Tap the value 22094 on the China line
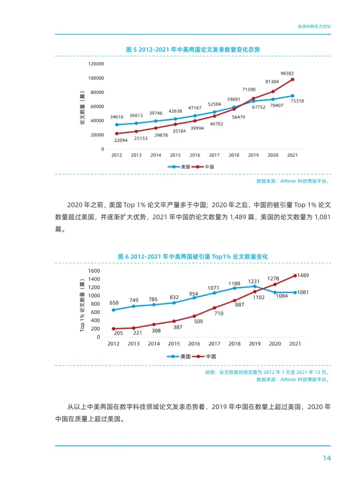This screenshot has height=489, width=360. [x=121, y=140]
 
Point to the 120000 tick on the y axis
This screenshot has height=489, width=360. [x=96, y=64]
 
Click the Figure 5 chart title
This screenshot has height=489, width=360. [x=193, y=49]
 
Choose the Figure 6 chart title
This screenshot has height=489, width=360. [x=193, y=256]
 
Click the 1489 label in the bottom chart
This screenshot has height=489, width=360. [x=303, y=275]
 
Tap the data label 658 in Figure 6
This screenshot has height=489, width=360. [x=114, y=303]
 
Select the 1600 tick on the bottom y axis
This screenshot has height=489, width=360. [x=94, y=271]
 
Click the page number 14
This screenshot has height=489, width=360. [x=326, y=458]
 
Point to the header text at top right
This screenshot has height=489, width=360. [x=314, y=26]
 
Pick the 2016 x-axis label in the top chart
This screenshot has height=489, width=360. [x=195, y=155]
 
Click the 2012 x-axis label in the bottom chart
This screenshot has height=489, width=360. [x=113, y=344]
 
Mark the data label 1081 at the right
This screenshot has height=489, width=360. [x=303, y=293]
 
